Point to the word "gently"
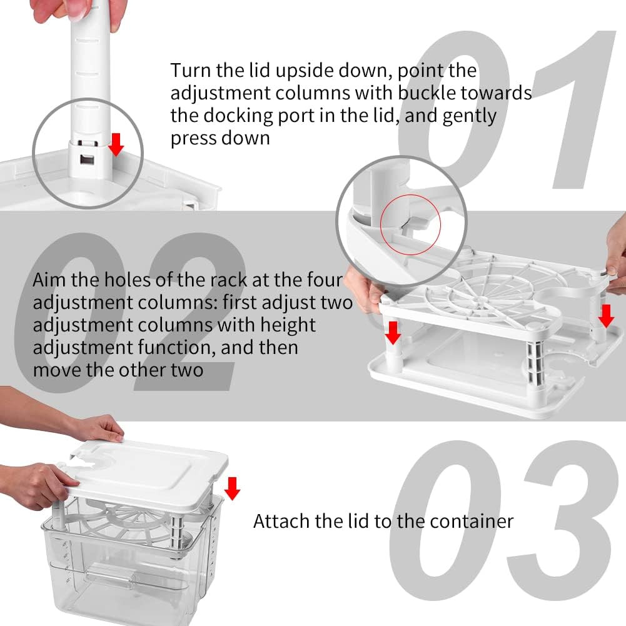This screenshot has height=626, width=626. click(469, 116)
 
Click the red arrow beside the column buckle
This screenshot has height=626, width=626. click(116, 146)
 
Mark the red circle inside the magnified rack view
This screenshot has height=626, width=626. click(410, 221)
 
